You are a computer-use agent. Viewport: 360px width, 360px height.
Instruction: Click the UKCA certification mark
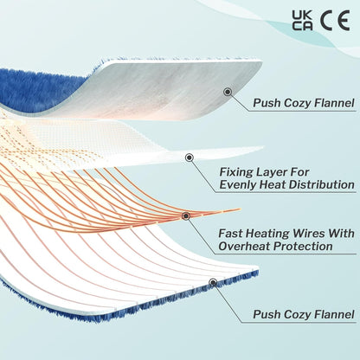click(302, 20)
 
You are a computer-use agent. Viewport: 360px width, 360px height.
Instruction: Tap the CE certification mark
click(335, 20)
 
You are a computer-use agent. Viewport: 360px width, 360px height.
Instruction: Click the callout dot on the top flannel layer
click(228, 92)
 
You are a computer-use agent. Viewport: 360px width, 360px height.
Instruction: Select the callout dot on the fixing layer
click(190, 157)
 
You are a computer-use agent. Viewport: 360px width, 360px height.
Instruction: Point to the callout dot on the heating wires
click(186, 216)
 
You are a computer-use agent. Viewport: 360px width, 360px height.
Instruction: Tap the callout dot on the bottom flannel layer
click(213, 282)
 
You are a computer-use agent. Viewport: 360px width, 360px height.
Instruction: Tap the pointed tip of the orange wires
click(240, 209)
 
